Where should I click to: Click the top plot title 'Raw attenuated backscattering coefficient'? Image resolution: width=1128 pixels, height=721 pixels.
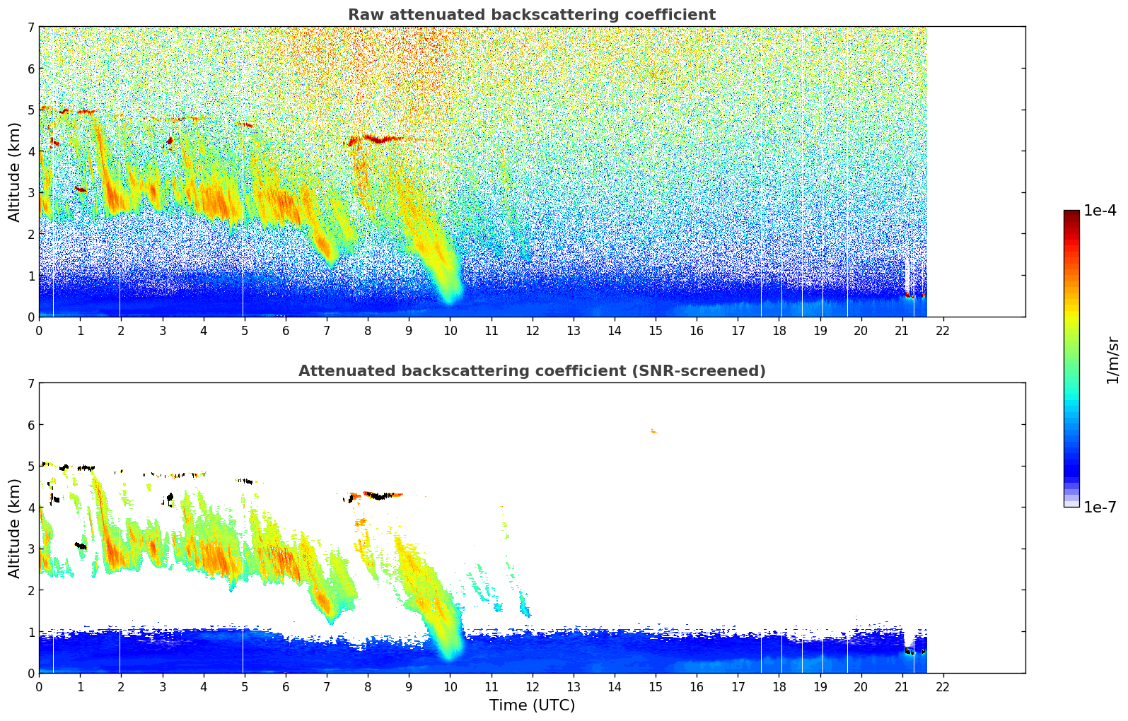tap(531, 15)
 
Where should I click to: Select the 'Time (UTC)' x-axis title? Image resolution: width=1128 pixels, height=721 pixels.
tap(532, 705)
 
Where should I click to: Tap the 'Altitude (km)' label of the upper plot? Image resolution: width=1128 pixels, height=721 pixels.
tap(15, 172)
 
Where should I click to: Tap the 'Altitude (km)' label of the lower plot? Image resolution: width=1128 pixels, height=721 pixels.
tap(15, 528)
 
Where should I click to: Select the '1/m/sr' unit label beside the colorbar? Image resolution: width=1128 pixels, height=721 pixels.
tap(1112, 360)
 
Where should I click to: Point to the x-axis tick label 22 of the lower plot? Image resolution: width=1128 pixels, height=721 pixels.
tap(943, 686)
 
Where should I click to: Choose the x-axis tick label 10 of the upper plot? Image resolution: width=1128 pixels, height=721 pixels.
tap(450, 330)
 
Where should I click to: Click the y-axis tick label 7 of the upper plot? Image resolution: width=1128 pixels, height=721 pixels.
tap(31, 28)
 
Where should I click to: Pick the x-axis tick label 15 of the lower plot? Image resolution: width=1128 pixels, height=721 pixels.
tap(656, 686)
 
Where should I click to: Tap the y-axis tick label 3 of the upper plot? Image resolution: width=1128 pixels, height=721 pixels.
tap(31, 193)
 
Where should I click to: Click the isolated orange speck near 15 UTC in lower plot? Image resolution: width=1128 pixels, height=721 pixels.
tap(654, 431)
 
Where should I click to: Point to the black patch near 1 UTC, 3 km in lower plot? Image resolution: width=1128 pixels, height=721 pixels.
tap(81, 546)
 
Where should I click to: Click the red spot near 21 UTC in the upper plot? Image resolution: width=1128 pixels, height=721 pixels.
tap(908, 294)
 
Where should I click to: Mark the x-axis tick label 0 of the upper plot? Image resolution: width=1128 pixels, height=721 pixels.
tap(39, 330)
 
